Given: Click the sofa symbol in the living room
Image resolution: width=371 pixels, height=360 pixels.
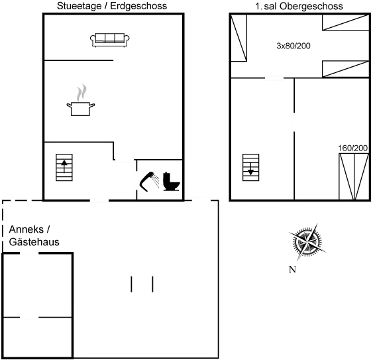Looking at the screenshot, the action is [x=110, y=40].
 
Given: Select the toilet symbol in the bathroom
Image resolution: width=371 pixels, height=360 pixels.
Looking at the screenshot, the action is [x=172, y=182].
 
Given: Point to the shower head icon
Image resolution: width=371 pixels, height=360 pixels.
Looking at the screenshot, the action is [x=150, y=182].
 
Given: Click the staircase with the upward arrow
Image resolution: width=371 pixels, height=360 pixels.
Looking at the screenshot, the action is [x=64, y=168].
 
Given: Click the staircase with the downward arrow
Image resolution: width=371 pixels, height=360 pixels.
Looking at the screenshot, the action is [x=251, y=168].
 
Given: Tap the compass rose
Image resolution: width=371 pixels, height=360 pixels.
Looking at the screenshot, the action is [x=307, y=242].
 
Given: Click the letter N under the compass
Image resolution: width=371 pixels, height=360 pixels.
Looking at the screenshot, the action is [x=292, y=270].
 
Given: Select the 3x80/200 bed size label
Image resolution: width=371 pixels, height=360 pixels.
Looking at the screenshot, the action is [x=293, y=46].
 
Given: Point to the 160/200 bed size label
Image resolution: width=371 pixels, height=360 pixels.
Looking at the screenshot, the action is [x=352, y=149].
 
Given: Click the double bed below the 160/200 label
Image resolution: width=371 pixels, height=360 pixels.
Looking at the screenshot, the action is [x=354, y=176].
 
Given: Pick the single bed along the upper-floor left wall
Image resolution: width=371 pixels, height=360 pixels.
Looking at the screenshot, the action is [x=238, y=38].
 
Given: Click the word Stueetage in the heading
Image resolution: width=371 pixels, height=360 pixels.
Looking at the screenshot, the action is [x=79, y=6].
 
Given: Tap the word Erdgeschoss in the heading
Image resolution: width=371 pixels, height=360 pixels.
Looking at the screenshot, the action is [x=138, y=6].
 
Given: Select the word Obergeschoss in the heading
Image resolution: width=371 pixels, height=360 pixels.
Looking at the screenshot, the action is [x=311, y=6].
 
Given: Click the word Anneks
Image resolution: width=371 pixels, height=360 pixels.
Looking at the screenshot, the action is [x=26, y=229].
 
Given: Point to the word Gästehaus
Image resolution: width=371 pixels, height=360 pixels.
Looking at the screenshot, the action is [x=34, y=242].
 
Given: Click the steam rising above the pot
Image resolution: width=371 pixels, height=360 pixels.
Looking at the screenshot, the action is [x=81, y=92].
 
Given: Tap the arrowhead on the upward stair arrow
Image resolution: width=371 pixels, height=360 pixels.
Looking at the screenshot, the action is [x=64, y=162].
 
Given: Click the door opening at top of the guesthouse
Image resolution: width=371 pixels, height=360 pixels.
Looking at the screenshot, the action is [x=29, y=253].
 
